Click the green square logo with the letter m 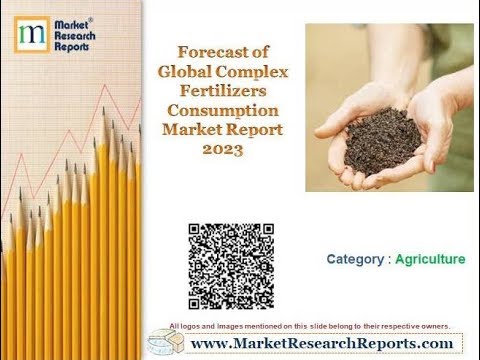(31, 35)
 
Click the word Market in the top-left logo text (70, 22)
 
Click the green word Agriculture (430, 260)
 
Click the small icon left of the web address (162, 341)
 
